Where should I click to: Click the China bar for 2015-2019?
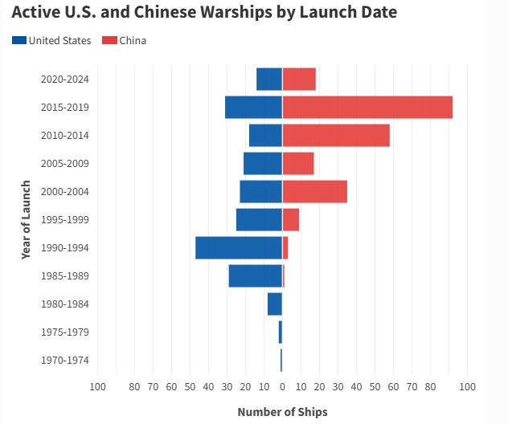pyautogui.click(x=367, y=107)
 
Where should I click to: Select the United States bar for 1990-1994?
pyautogui.click(x=239, y=248)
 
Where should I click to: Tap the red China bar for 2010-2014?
pyautogui.click(x=336, y=135)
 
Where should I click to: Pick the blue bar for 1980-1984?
pyautogui.click(x=275, y=304)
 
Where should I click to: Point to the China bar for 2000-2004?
pyautogui.click(x=315, y=192)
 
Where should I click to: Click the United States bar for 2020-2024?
pyautogui.click(x=269, y=79)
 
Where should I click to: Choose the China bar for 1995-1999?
pyautogui.click(x=291, y=220)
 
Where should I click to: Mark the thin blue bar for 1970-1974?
pyautogui.click(x=281, y=361)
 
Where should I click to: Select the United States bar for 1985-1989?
pyautogui.click(x=256, y=275)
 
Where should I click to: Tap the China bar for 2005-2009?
pyautogui.click(x=298, y=164)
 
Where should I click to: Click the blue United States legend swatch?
pyautogui.click(x=19, y=40)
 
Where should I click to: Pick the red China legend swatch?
pyautogui.click(x=109, y=40)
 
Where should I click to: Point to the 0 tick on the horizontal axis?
pyautogui.click(x=282, y=386)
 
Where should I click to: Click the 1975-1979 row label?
pyautogui.click(x=65, y=332)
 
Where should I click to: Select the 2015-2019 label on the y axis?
pyautogui.click(x=65, y=107)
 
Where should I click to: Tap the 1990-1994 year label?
pyautogui.click(x=65, y=248)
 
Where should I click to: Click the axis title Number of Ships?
pyautogui.click(x=282, y=412)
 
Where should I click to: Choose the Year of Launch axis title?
pyautogui.click(x=26, y=220)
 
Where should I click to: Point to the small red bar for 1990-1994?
pyautogui.click(x=285, y=248)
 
